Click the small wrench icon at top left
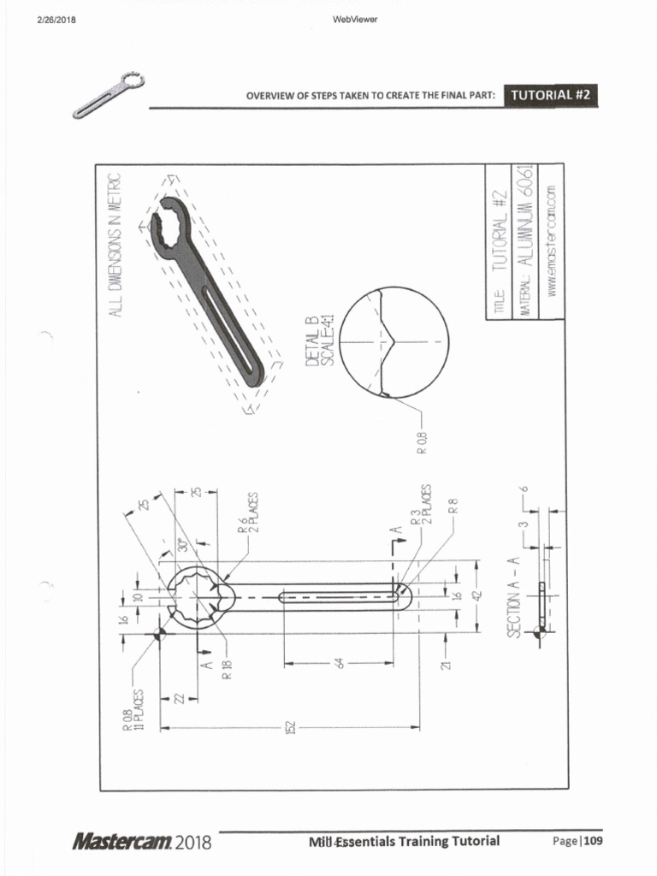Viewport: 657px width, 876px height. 109,95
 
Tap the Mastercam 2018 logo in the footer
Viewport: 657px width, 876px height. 142,842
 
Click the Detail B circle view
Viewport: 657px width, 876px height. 394,341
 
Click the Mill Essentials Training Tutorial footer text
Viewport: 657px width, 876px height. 405,841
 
